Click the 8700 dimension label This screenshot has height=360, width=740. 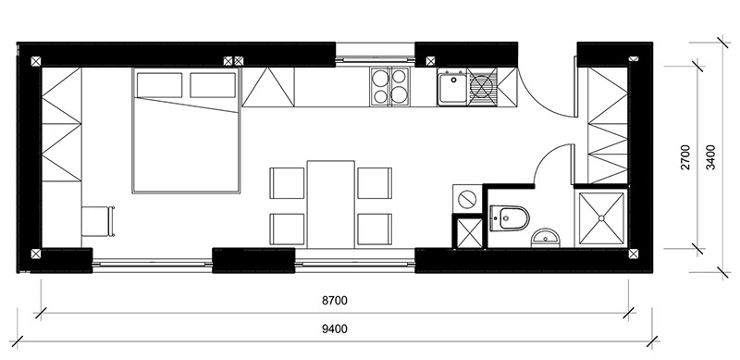pyautogui.click(x=335, y=300)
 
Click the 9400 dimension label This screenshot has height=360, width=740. pyautogui.click(x=335, y=329)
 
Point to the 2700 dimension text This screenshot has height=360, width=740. pyautogui.click(x=685, y=157)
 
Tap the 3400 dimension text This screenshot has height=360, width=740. pyautogui.click(x=710, y=157)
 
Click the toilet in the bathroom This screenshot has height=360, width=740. pyautogui.click(x=510, y=217)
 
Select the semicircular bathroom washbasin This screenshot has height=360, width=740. pyautogui.click(x=545, y=239)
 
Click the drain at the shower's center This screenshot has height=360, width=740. pyautogui.click(x=602, y=217)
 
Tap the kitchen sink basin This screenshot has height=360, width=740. pyautogui.click(x=451, y=87)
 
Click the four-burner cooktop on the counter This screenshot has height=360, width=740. pyautogui.click(x=389, y=86)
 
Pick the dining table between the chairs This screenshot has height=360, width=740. pyautogui.click(x=330, y=205)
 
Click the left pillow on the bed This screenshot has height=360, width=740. pyautogui.click(x=159, y=85)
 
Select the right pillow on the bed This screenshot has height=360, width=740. pyautogui.click(x=213, y=85)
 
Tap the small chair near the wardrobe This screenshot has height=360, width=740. pyautogui.click(x=98, y=221)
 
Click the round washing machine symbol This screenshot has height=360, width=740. pyautogui.click(x=466, y=199)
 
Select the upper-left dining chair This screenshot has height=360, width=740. pyautogui.click(x=287, y=183)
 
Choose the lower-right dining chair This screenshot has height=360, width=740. pyautogui.click(x=375, y=230)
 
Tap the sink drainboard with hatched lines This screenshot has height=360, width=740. pyautogui.click(x=482, y=87)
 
